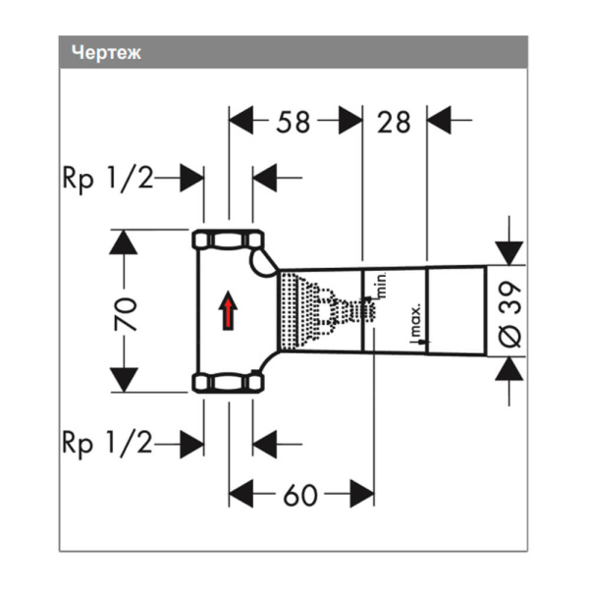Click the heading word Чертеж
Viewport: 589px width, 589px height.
(107, 53)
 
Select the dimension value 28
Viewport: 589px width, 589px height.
(394, 122)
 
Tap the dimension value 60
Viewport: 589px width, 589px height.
(300, 495)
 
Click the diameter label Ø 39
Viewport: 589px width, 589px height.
(510, 313)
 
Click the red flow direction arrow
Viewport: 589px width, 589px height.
(228, 314)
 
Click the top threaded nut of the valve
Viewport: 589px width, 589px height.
(228, 240)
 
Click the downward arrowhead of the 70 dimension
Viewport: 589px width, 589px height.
(121, 379)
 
